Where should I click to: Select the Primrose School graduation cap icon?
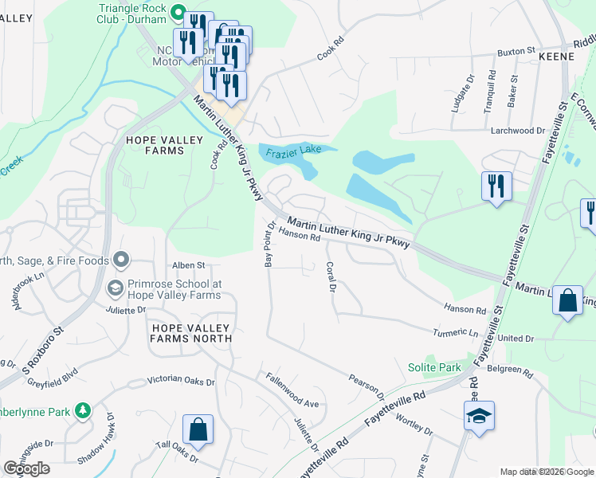click(116, 288)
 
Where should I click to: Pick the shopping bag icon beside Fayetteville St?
click(567, 301)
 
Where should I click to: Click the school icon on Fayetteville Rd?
click(479, 416)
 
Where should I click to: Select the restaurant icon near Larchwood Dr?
click(496, 186)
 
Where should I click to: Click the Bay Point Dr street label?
click(270, 245)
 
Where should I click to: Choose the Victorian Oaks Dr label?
click(182, 382)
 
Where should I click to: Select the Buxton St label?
click(516, 51)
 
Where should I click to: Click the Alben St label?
click(189, 264)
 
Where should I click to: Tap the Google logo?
click(26, 468)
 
